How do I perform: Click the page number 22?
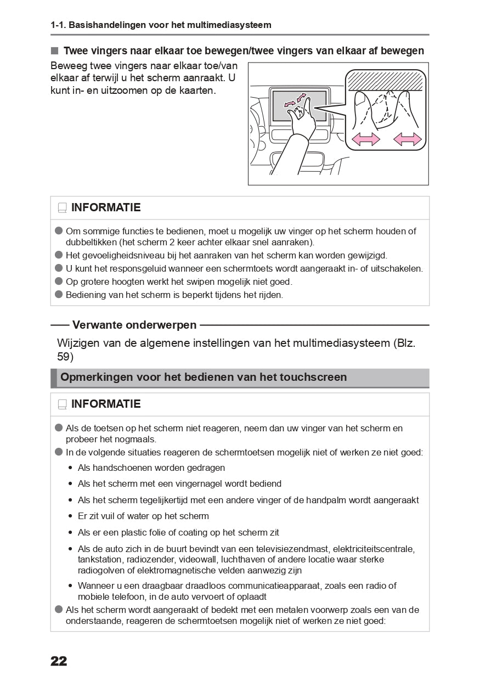(x=59, y=661)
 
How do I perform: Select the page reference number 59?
(x=64, y=357)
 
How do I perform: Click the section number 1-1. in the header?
(x=59, y=25)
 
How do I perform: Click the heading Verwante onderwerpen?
(x=134, y=325)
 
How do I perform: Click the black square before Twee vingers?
(x=54, y=51)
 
